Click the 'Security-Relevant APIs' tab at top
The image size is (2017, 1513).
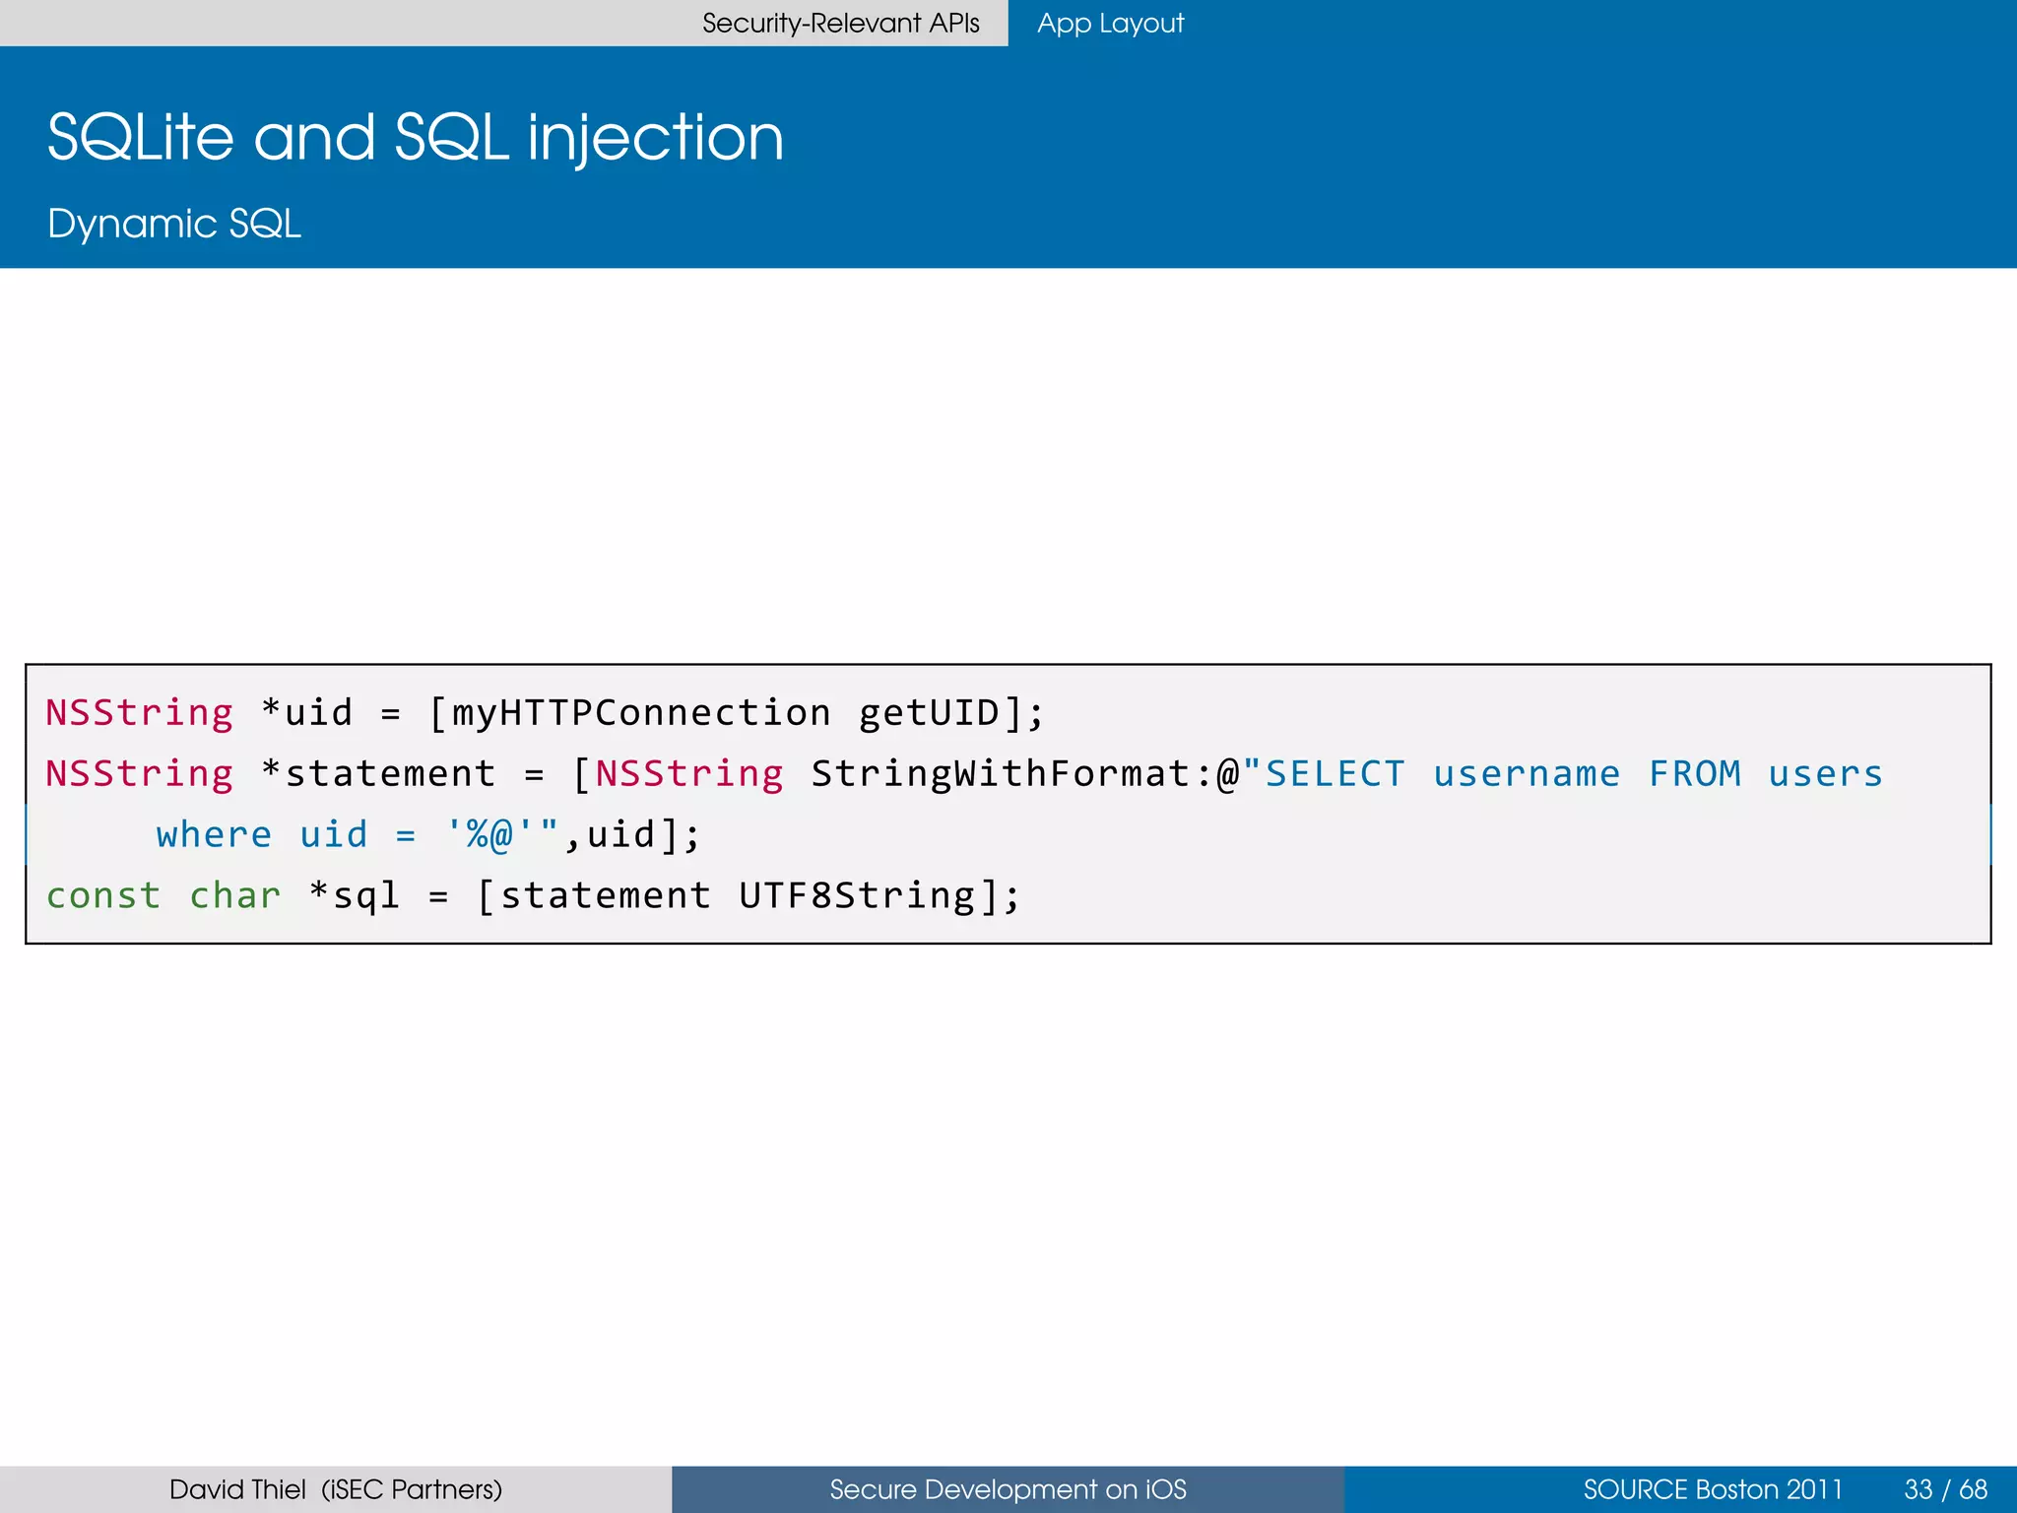click(840, 23)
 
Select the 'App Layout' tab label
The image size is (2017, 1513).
click(1110, 23)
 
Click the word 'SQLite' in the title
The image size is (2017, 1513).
click(141, 137)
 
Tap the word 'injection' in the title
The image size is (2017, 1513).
click(656, 137)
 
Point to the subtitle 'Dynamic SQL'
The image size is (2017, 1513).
click(174, 224)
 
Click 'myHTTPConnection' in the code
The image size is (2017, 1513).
click(641, 712)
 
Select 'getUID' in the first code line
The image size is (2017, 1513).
click(929, 712)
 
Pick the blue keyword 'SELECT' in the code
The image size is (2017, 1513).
click(1335, 773)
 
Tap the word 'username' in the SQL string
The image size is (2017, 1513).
click(1527, 773)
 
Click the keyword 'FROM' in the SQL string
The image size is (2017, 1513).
click(1695, 773)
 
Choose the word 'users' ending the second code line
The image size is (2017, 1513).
click(1825, 773)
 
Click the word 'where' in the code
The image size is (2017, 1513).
click(214, 834)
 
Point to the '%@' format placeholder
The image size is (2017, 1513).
click(489, 834)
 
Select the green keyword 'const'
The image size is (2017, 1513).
click(103, 895)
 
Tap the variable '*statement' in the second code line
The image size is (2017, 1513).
click(379, 773)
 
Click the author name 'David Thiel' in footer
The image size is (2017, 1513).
click(237, 1489)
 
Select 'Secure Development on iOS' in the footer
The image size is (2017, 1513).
click(1008, 1489)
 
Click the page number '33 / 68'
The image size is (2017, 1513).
click(1945, 1489)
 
